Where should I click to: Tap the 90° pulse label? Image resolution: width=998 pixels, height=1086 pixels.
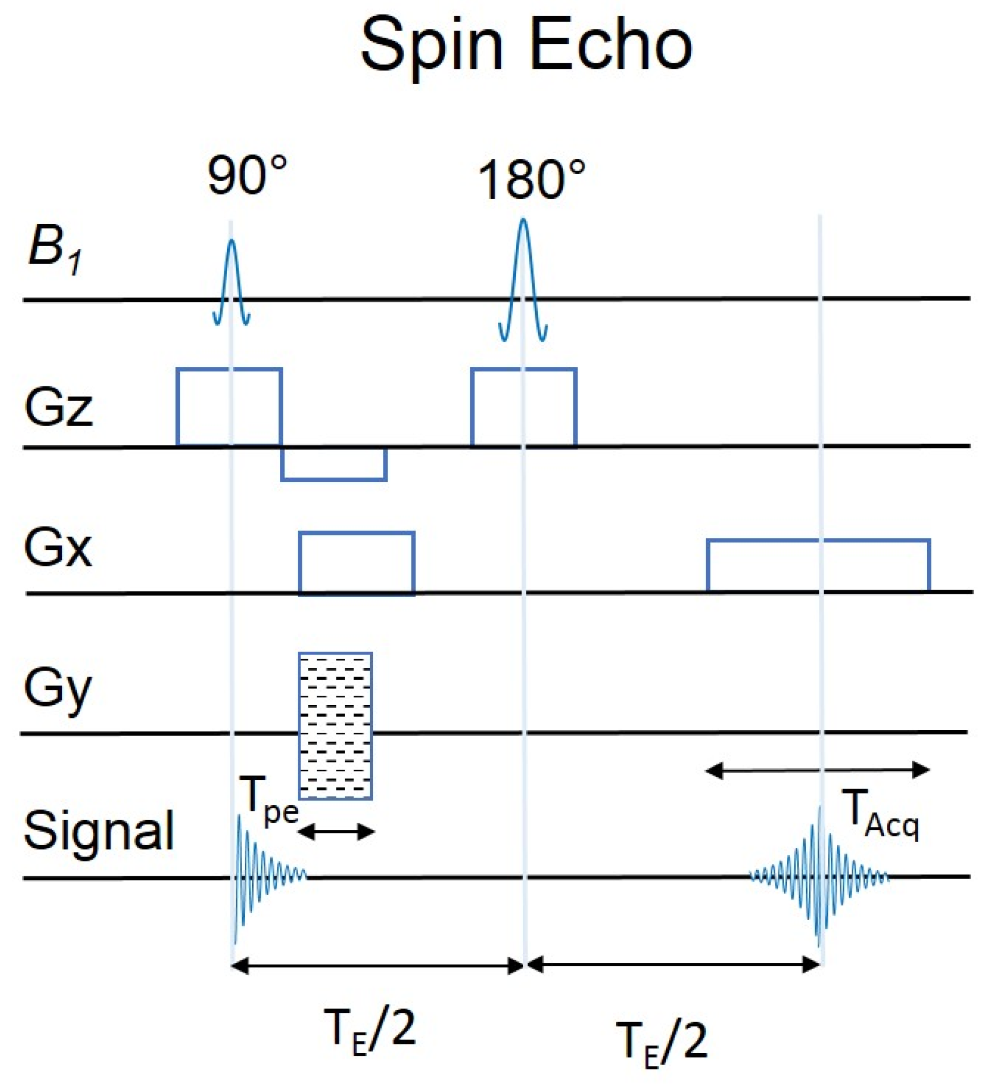tap(247, 176)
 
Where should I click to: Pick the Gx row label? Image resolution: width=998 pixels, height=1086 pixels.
tap(58, 548)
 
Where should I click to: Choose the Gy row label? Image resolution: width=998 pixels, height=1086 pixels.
tap(58, 689)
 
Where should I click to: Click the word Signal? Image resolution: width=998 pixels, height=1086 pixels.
tap(98, 830)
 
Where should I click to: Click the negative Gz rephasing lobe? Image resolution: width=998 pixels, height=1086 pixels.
tap(334, 464)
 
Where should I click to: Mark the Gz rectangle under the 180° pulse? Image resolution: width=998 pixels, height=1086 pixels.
tap(524, 407)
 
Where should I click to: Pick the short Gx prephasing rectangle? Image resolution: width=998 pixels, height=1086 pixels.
tap(356, 563)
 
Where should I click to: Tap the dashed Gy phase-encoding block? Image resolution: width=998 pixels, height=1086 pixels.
tap(335, 725)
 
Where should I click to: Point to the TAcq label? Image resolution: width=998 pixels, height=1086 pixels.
tap(881, 814)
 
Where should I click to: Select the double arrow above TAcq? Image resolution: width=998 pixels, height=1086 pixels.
tap(818, 770)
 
